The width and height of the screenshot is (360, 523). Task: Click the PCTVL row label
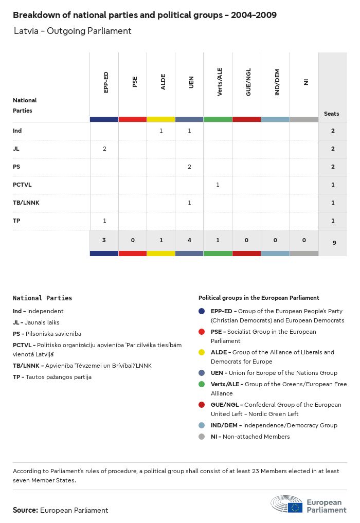point(22,185)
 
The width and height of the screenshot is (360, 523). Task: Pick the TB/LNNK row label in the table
point(26,203)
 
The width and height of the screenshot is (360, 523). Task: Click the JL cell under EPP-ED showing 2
point(104,149)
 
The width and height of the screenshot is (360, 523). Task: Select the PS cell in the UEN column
point(189,167)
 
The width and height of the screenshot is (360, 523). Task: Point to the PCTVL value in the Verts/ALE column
point(218,185)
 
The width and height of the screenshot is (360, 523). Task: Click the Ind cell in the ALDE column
point(161,131)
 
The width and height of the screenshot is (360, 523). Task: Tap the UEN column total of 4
point(189,240)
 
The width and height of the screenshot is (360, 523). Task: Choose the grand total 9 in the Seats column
point(333,242)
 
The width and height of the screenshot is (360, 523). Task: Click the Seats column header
point(332,114)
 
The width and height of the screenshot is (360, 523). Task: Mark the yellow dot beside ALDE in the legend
point(202,352)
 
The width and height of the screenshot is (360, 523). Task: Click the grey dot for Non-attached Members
point(202,437)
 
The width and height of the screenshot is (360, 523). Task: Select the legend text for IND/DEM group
point(274,425)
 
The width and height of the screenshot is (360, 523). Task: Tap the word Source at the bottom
point(25,510)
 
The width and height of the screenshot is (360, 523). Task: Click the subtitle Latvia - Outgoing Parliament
point(73,31)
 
